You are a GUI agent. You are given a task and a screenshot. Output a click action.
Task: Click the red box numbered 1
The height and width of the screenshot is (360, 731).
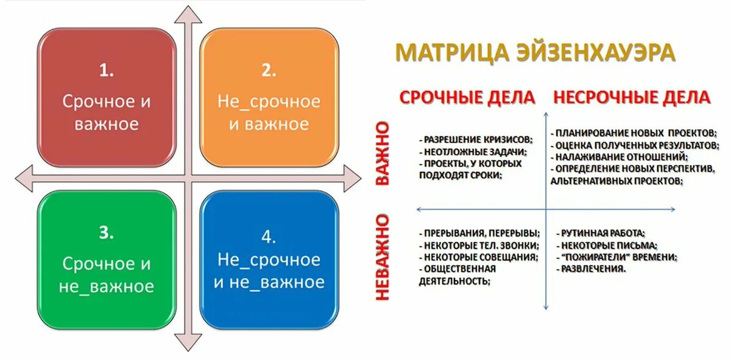107,97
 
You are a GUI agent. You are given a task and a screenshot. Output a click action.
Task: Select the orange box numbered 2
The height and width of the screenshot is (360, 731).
269,97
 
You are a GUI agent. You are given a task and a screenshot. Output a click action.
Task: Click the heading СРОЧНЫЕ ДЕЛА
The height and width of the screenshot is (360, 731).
467,97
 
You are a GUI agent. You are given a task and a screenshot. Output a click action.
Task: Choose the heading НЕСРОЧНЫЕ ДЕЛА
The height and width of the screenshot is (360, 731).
631,97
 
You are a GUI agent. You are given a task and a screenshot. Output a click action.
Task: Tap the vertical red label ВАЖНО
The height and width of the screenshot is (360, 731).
382,153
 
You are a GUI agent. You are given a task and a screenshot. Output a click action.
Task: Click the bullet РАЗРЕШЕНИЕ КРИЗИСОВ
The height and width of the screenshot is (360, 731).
472,139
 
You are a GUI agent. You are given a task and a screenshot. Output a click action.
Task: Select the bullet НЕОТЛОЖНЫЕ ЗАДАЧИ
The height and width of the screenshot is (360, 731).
473,152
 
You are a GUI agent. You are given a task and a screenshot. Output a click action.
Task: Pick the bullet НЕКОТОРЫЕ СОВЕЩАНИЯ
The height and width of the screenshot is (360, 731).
479,257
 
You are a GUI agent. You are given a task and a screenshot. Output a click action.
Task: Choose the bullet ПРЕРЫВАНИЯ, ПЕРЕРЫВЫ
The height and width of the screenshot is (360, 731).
479,233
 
